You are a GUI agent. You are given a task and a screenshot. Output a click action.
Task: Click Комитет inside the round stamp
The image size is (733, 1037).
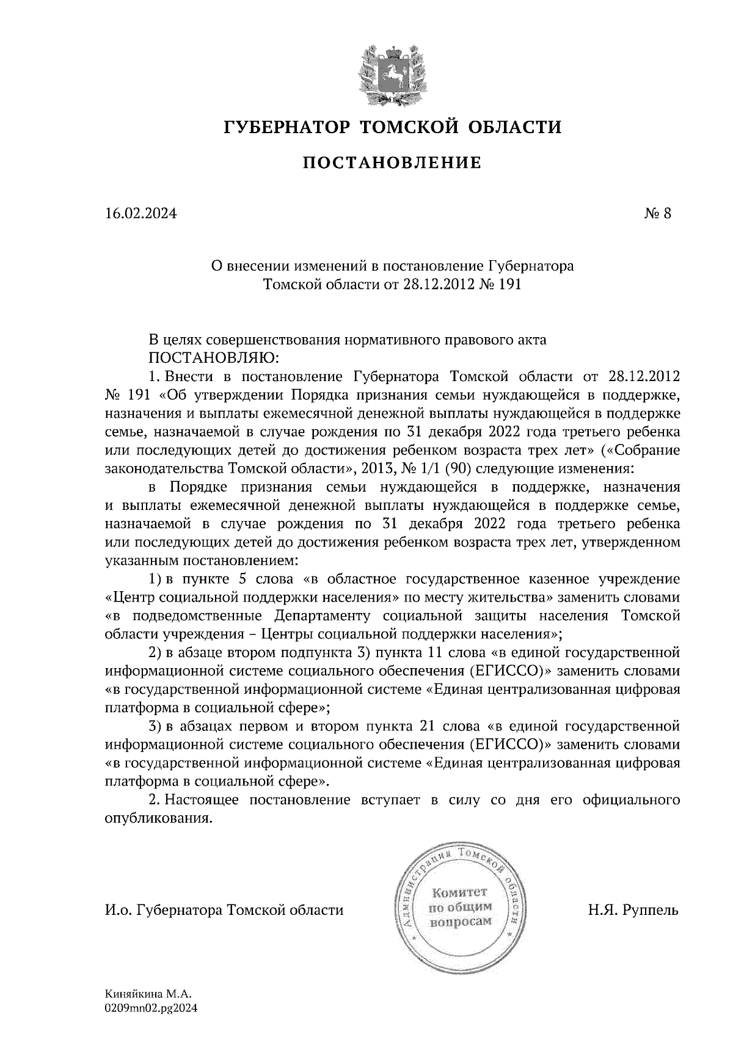pos(461,892)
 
